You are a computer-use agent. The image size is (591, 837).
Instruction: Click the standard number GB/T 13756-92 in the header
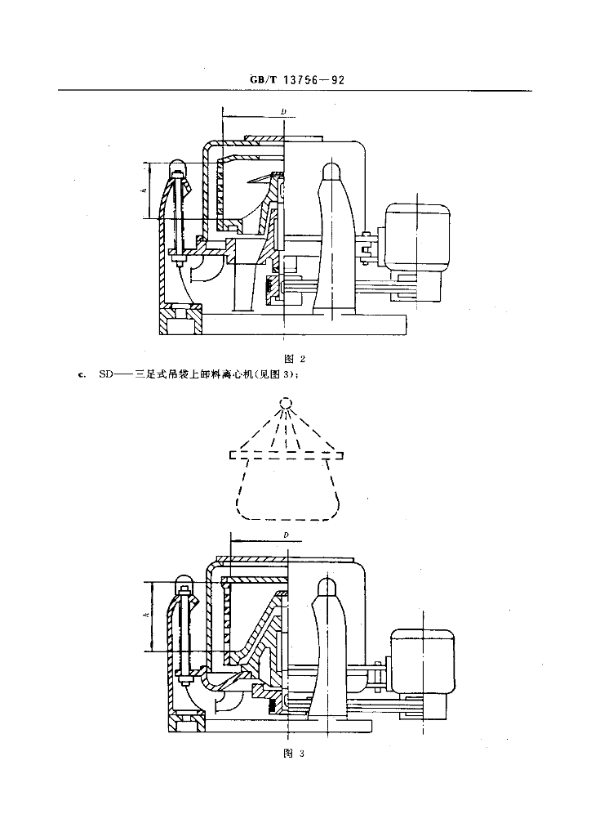[x=297, y=80]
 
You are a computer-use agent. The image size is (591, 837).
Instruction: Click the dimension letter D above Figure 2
[x=284, y=111]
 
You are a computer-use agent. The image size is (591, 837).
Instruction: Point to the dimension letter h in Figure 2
[x=145, y=190]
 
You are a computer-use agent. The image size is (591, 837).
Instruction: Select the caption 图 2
[x=295, y=359]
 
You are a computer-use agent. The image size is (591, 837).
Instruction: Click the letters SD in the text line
[x=107, y=374]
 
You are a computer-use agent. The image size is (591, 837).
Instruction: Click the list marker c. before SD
[x=81, y=375]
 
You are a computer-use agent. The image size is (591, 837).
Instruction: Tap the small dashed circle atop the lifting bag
[x=287, y=402]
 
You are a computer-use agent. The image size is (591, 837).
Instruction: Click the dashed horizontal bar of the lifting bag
[x=287, y=454]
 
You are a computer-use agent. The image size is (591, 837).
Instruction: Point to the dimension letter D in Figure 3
[x=287, y=535]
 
